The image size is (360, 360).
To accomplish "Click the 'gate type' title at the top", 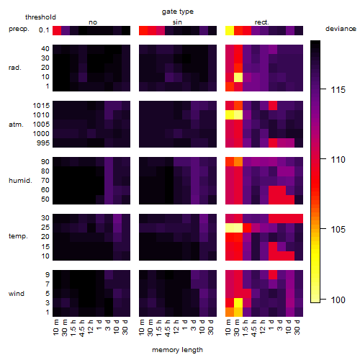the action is click(x=178, y=12).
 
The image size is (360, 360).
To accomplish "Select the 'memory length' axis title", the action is click(x=177, y=350).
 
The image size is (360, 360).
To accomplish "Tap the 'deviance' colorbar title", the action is click(x=341, y=29).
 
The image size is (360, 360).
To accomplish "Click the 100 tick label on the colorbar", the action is click(x=338, y=300).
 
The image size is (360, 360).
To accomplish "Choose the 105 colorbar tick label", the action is click(x=338, y=230).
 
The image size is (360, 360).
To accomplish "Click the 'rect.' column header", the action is click(x=261, y=22).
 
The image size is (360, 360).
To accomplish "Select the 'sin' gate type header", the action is click(x=177, y=22).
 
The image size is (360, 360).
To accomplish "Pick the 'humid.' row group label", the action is click(x=20, y=181).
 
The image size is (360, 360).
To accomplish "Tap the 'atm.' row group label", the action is click(x=16, y=125).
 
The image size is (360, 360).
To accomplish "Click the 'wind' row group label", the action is click(x=17, y=294).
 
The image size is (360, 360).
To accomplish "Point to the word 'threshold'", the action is click(x=40, y=17).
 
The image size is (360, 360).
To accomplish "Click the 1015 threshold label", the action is click(x=41, y=106).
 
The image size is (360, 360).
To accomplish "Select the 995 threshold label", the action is click(x=43, y=143).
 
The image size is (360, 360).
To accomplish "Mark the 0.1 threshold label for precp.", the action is click(x=44, y=30).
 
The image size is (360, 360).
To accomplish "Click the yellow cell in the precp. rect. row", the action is click(x=230, y=30).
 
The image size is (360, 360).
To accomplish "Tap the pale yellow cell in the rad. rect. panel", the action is click(x=238, y=77).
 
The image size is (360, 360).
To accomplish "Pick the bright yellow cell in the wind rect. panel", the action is click(x=238, y=303).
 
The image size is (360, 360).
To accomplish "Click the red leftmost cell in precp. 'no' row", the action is click(x=57, y=30).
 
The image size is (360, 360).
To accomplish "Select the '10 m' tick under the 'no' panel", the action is click(x=56, y=327).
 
